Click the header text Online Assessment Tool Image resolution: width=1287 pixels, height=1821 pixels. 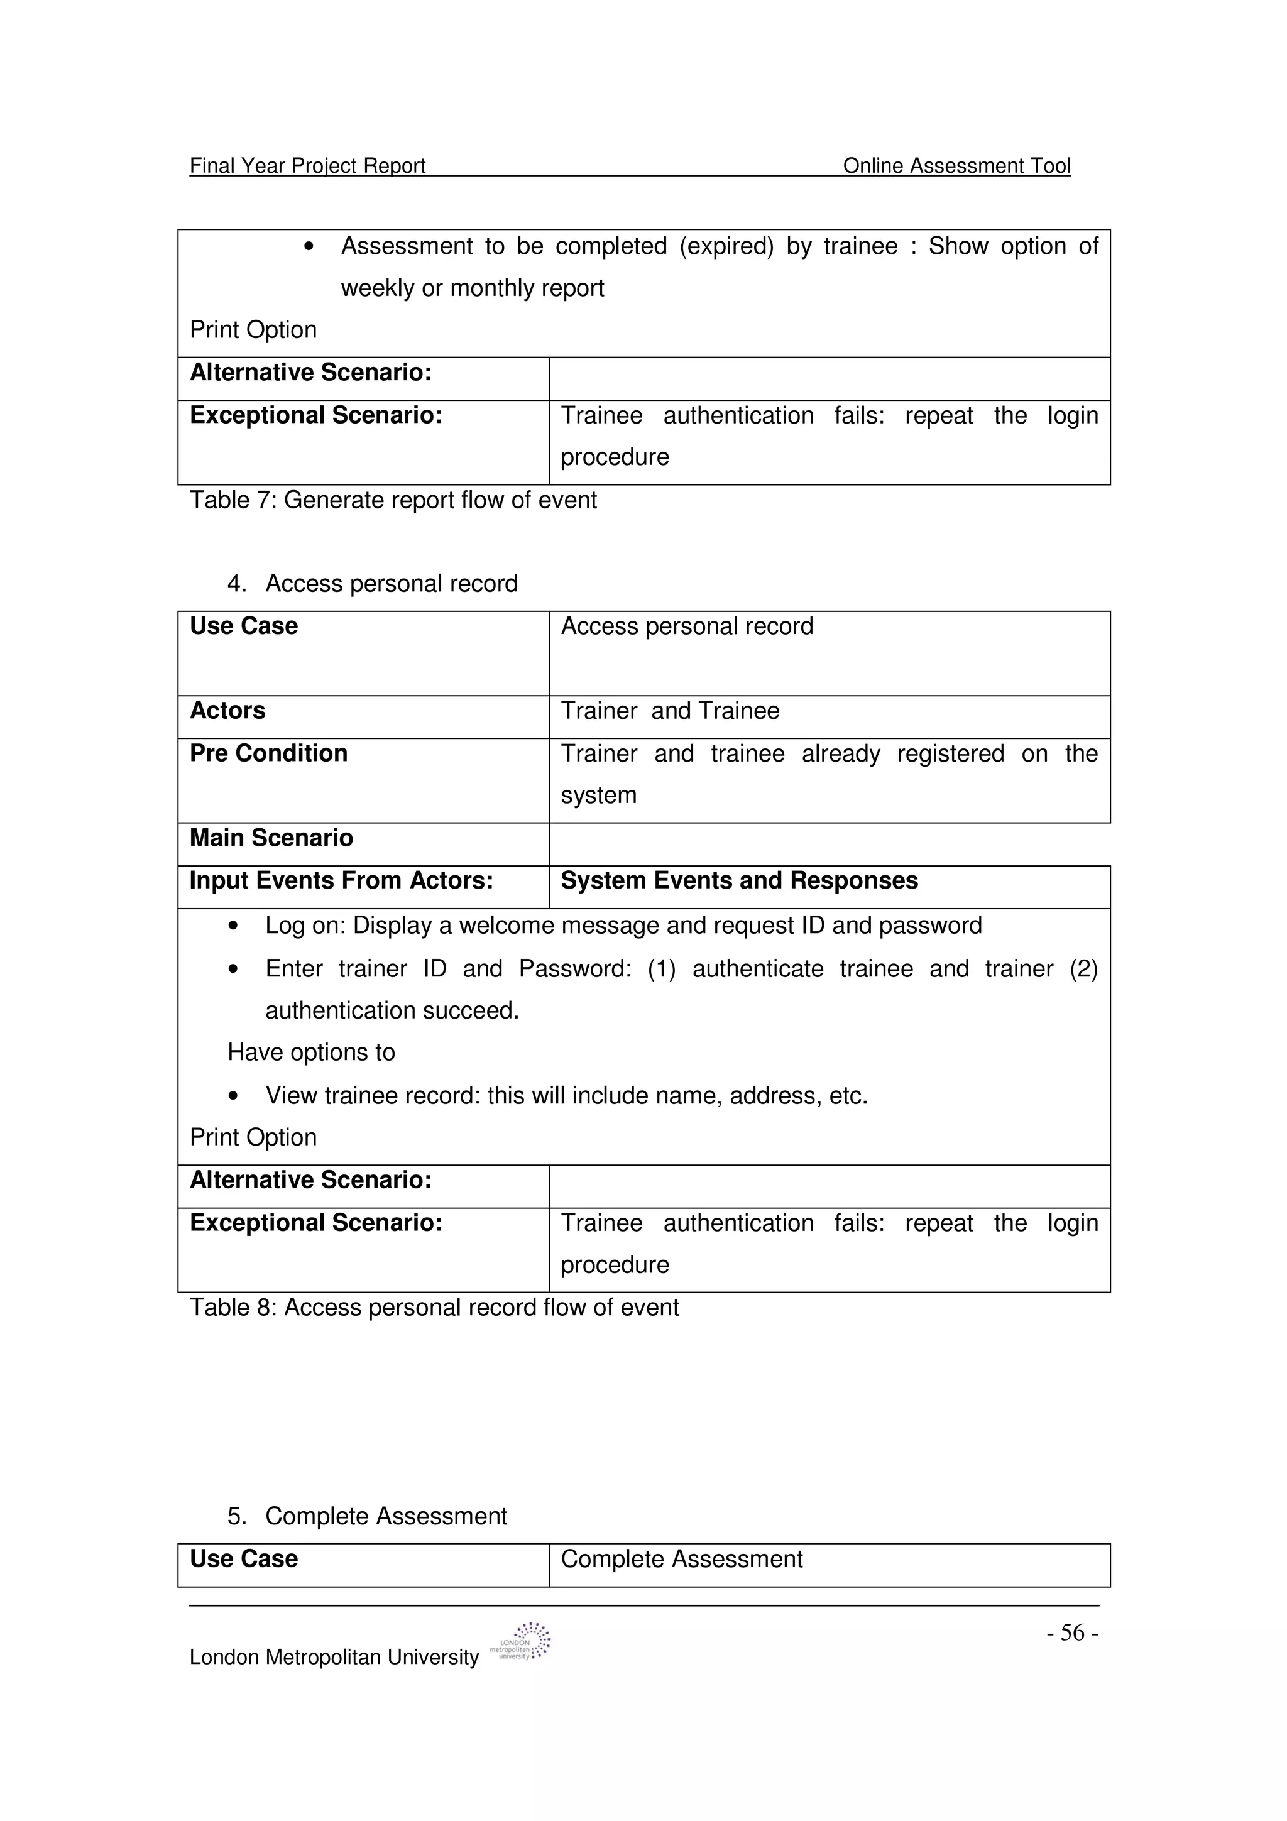(x=956, y=166)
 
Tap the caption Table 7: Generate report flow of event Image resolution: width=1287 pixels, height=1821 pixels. (x=393, y=500)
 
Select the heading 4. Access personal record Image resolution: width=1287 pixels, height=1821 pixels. (x=372, y=584)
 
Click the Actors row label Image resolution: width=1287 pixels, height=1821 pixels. (x=227, y=711)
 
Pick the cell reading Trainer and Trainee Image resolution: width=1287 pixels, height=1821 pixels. (x=669, y=711)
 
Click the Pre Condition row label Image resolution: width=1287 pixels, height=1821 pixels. (x=268, y=753)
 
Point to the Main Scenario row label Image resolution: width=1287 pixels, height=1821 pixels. (x=271, y=838)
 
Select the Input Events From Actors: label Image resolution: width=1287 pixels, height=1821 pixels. (x=341, y=881)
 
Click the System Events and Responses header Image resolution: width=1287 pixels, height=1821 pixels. (x=738, y=881)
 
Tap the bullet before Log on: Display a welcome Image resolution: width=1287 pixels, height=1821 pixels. (x=233, y=926)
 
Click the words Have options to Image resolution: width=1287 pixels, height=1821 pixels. (x=311, y=1053)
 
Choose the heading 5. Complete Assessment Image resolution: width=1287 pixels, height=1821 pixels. (x=366, y=1516)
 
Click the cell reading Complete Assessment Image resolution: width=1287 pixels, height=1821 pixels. (x=681, y=1559)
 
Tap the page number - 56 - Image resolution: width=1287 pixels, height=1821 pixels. (x=1071, y=1633)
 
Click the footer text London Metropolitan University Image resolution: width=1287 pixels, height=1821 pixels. (x=334, y=1658)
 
